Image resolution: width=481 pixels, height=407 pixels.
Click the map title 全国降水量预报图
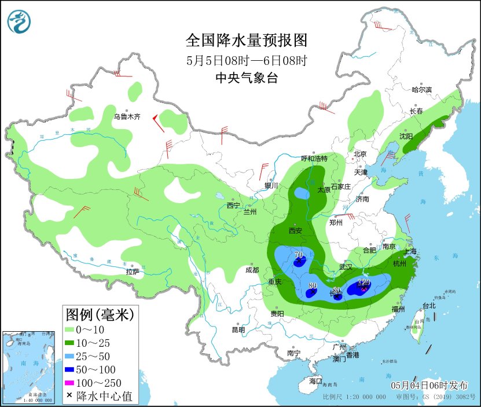(x=246, y=41)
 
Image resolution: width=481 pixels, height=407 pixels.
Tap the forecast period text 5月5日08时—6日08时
(x=246, y=60)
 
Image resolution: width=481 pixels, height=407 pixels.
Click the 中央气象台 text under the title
(x=246, y=78)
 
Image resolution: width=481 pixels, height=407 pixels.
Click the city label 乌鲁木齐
(x=127, y=116)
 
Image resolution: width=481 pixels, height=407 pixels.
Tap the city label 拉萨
(x=132, y=272)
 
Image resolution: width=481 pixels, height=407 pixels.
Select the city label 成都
(x=252, y=269)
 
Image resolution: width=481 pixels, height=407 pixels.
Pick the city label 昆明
(x=238, y=329)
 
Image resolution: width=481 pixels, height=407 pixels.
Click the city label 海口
(x=315, y=381)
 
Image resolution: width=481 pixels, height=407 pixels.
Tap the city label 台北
(x=429, y=305)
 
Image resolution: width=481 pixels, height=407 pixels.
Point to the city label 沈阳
(x=406, y=137)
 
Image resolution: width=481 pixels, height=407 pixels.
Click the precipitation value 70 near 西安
(x=299, y=255)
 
